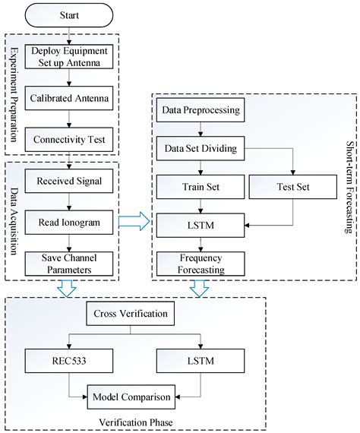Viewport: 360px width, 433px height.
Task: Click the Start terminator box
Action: coord(69,14)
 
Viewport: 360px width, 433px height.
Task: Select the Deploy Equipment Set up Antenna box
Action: coord(69,58)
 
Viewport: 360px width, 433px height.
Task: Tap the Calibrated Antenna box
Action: coord(69,97)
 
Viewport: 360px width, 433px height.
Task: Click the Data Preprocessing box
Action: coord(201,112)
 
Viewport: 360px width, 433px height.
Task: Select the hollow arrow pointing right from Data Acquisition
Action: coord(134,221)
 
